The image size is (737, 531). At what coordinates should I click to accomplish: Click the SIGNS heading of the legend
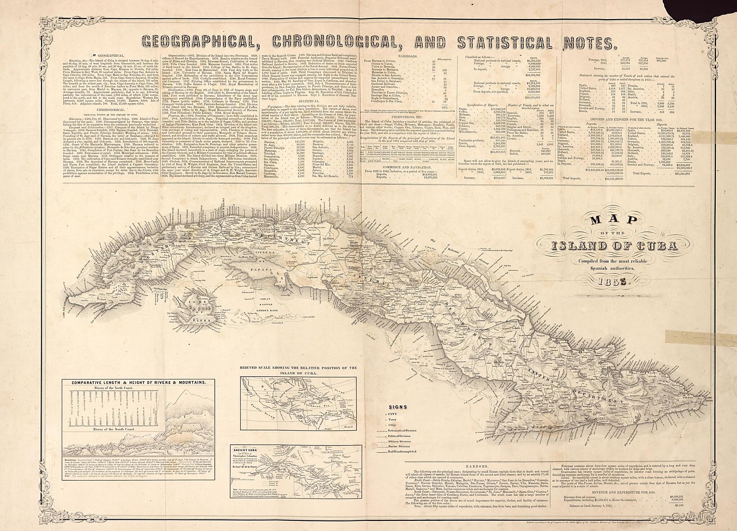398,407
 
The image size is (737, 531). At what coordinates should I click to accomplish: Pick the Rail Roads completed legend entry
402,452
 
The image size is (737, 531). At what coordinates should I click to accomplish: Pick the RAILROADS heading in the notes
407,56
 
